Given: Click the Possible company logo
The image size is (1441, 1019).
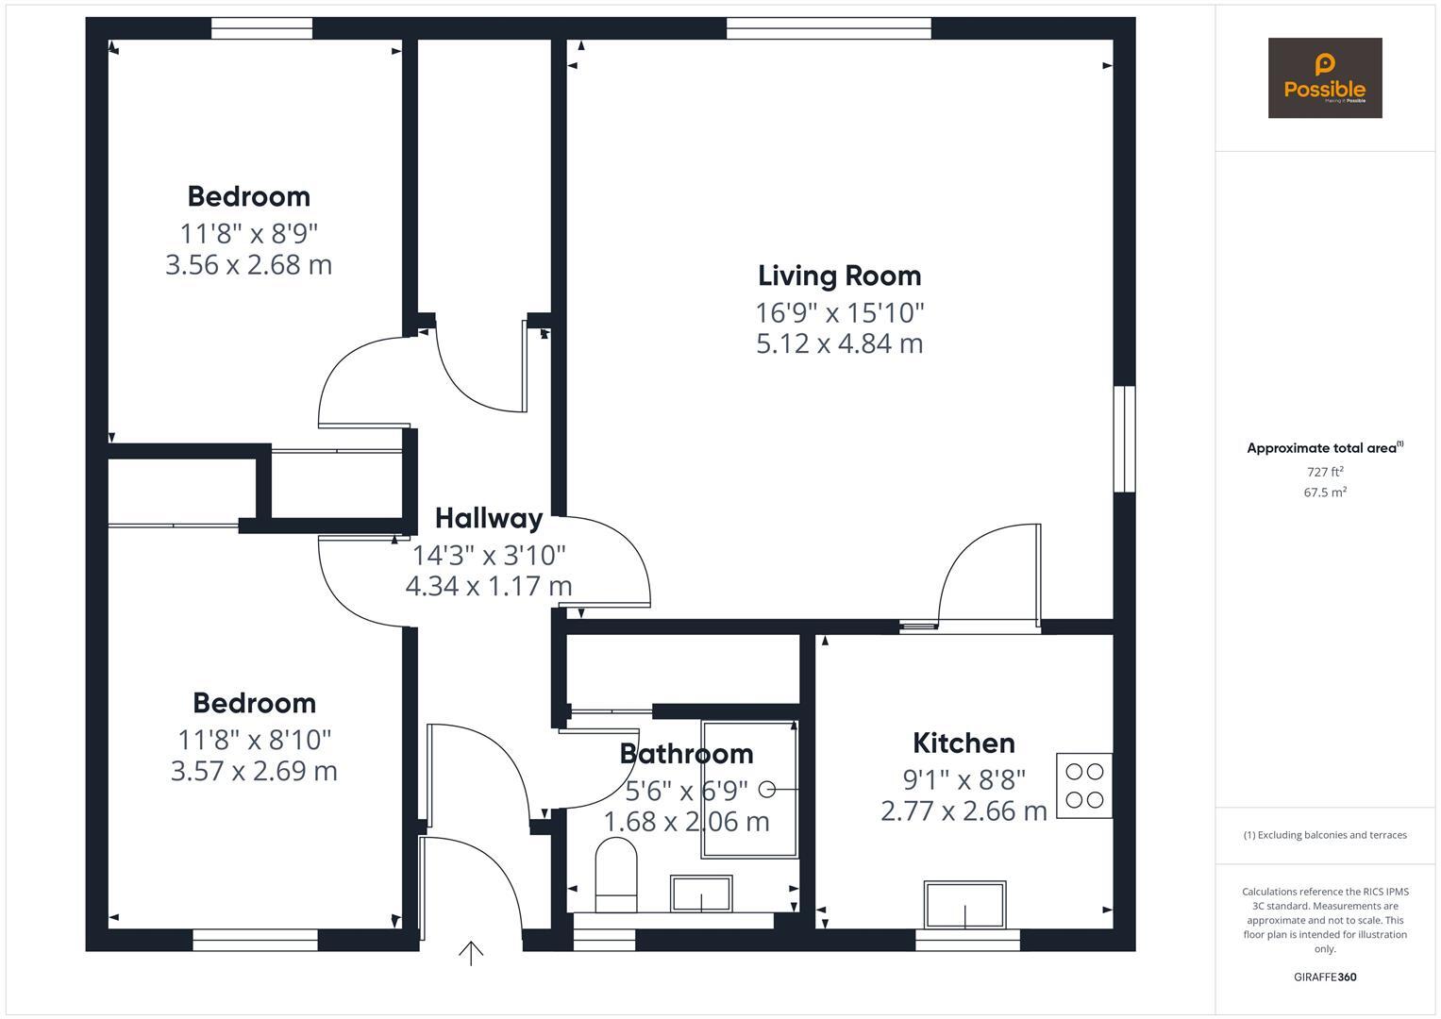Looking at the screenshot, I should click(1324, 78).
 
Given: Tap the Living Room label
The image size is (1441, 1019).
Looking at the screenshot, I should click(839, 276).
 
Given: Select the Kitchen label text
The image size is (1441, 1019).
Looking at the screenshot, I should click(963, 743).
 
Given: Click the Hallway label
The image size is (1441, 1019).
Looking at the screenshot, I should click(489, 518).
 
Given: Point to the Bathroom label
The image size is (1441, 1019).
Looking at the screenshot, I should click(686, 754).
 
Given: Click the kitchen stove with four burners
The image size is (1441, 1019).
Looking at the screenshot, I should click(1083, 785).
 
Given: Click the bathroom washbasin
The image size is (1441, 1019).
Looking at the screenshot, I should click(700, 893).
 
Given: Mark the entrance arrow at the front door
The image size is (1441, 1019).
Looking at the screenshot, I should click(471, 953).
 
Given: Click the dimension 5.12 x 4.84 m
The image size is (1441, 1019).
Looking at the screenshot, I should click(839, 343).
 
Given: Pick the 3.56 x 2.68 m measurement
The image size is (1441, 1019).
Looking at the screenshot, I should click(248, 265).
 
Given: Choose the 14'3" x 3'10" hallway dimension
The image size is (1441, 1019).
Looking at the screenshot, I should click(489, 554).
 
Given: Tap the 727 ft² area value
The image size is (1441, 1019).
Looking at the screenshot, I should click(1324, 472).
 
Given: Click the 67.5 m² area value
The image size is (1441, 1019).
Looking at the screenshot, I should click(1324, 493).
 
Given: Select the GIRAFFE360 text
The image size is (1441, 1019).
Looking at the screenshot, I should click(1324, 977).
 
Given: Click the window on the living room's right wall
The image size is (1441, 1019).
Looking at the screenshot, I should click(1124, 439).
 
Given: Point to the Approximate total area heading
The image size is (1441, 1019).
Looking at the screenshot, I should click(1324, 448).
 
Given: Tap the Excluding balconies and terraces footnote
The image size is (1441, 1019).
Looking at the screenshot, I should click(1324, 835).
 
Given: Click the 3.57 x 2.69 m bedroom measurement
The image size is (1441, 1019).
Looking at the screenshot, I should click(254, 771).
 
